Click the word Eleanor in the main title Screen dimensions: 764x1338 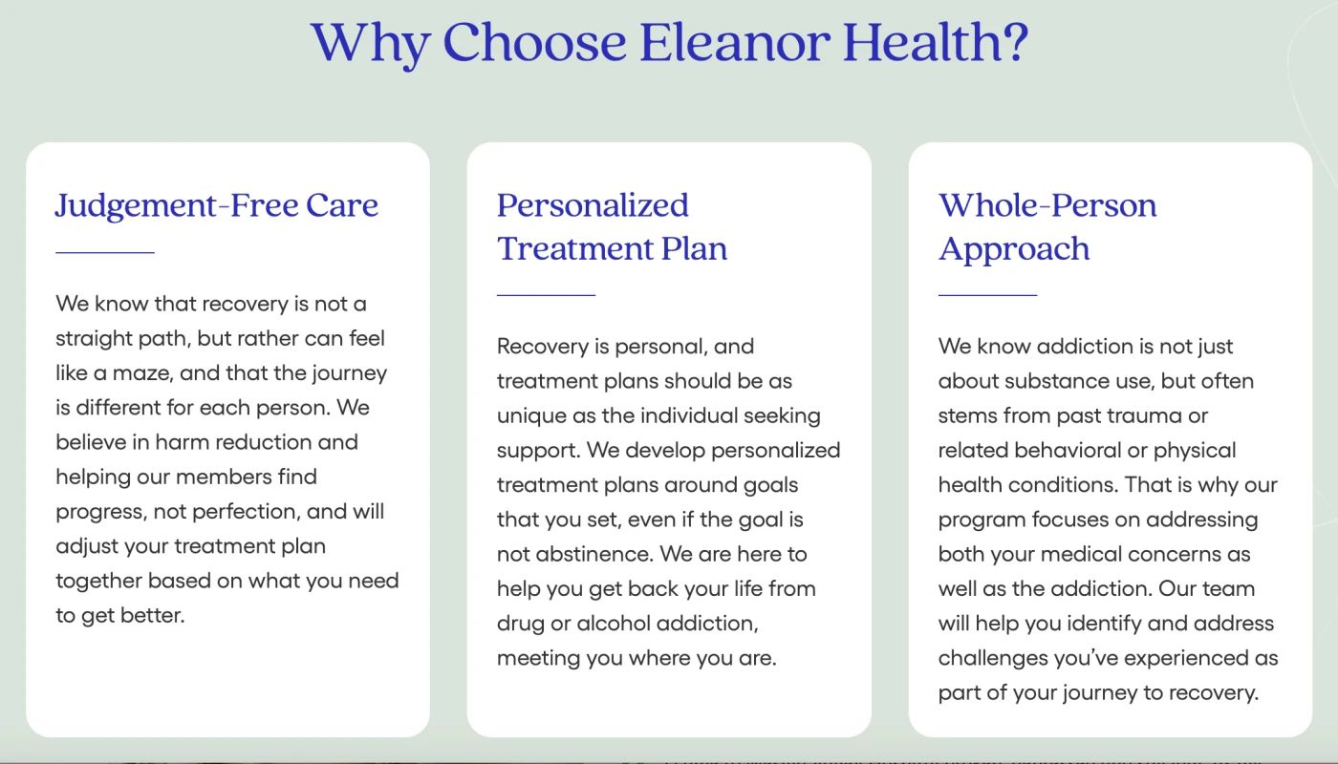click(734, 42)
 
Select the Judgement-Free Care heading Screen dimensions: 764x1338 click(217, 205)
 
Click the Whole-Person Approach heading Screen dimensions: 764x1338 click(1047, 226)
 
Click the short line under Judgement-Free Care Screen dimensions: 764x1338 click(105, 253)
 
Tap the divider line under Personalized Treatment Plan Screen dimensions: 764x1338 click(546, 295)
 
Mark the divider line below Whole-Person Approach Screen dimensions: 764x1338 click(987, 295)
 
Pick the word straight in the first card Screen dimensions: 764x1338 click(94, 338)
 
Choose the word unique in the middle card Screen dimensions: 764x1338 click(529, 415)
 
